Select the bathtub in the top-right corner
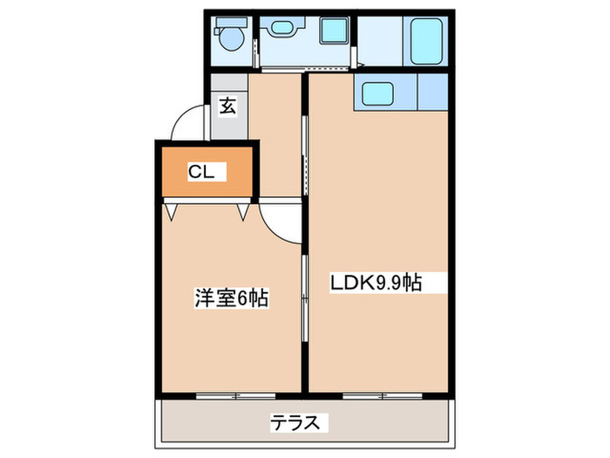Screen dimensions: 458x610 [x=424, y=41]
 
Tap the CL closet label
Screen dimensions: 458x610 [x=201, y=172]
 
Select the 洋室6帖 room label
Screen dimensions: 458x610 [x=230, y=298]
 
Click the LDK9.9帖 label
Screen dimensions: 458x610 [x=376, y=283]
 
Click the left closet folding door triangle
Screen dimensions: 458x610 [x=173, y=210]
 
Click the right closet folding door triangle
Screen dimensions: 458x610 [x=243, y=210]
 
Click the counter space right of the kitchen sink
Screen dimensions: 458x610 [x=433, y=91]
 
